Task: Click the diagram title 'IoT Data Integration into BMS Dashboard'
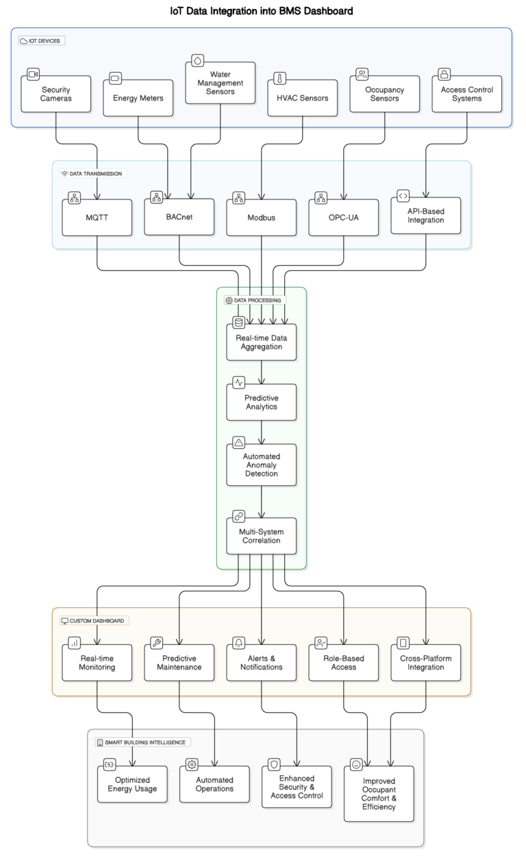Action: pyautogui.click(x=262, y=11)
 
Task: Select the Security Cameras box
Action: pyautogui.click(x=55, y=95)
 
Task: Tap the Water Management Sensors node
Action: pyautogui.click(x=220, y=83)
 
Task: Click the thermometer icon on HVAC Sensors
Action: pyautogui.click(x=280, y=77)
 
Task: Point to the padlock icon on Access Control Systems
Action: pyautogui.click(x=444, y=74)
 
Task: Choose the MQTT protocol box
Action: pyautogui.click(x=97, y=218)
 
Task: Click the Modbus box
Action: pyautogui.click(x=261, y=218)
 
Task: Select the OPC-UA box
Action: pyautogui.click(x=343, y=218)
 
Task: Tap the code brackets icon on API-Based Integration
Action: pyautogui.click(x=403, y=196)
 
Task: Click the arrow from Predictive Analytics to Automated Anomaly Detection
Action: pyautogui.click(x=262, y=432)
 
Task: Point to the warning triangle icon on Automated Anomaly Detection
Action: pyautogui.click(x=238, y=442)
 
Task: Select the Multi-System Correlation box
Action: pyautogui.click(x=261, y=536)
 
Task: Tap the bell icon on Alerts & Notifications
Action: pyautogui.click(x=239, y=643)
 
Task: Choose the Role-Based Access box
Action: pyautogui.click(x=343, y=663)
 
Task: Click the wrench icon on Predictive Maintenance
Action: pyautogui.click(x=157, y=643)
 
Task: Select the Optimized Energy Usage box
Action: pyautogui.click(x=132, y=784)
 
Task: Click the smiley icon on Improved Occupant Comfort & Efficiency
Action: pyautogui.click(x=356, y=764)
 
